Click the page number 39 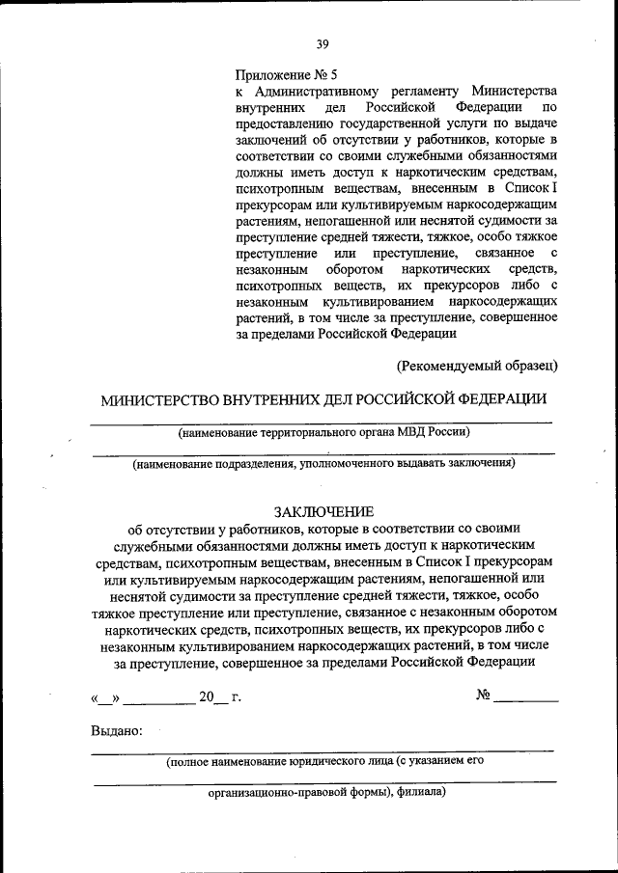tap(322, 43)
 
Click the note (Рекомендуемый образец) tap(477, 365)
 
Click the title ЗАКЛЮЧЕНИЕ tap(323, 512)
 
